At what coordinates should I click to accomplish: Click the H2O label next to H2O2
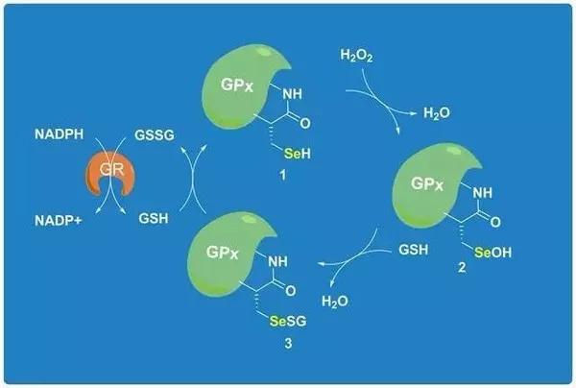[x=438, y=113]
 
